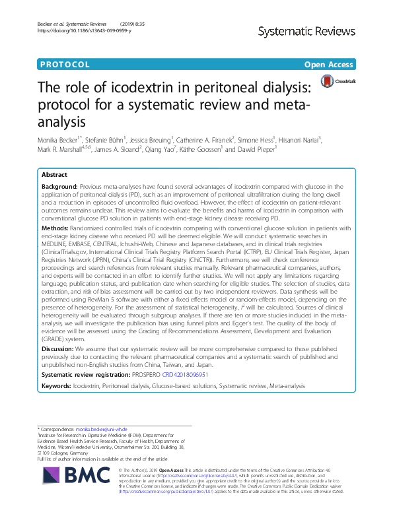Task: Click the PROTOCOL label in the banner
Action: pyautogui.click(x=65, y=65)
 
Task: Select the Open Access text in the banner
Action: pyautogui.click(x=329, y=65)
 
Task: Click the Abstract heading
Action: pyautogui.click(x=54, y=176)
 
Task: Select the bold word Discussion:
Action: pyautogui.click(x=58, y=348)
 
